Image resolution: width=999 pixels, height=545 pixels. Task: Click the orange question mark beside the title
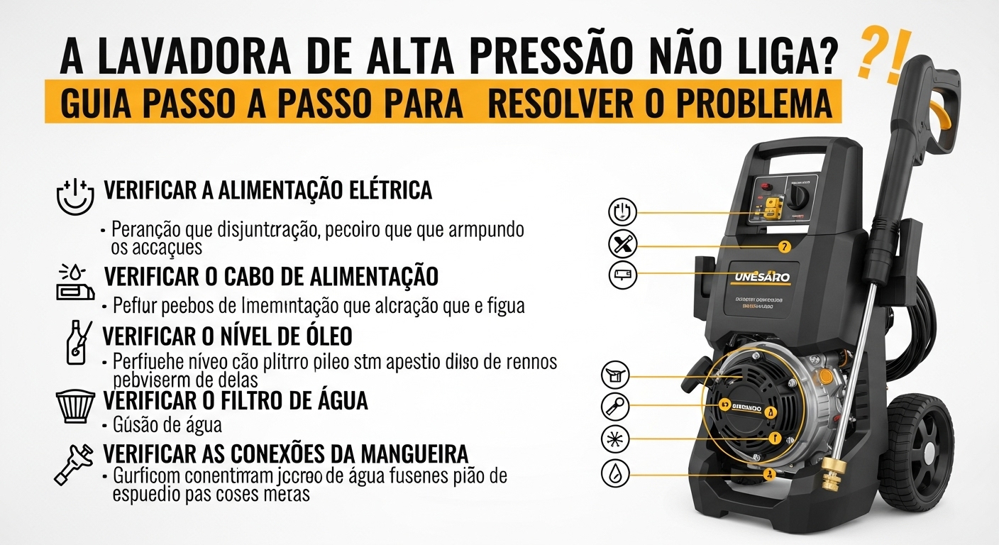tap(868, 57)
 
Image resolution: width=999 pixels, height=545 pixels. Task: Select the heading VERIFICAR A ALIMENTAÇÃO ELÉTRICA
tap(267, 190)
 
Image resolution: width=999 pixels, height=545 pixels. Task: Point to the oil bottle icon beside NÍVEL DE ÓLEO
tap(78, 341)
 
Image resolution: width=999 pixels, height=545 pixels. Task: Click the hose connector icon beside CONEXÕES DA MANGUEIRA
tap(74, 463)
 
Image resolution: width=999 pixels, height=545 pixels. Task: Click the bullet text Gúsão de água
tap(167, 426)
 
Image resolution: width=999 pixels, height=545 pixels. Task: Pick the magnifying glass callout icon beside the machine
tap(615, 407)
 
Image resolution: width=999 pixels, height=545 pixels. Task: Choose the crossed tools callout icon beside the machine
tap(624, 246)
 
